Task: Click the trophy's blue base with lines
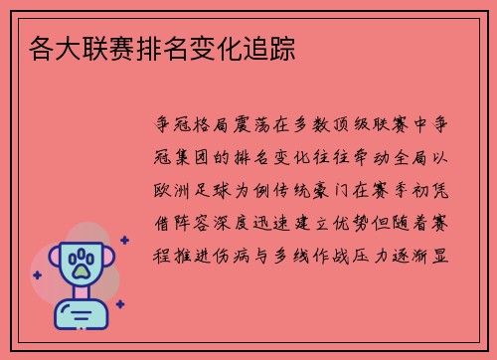tap(82, 317)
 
